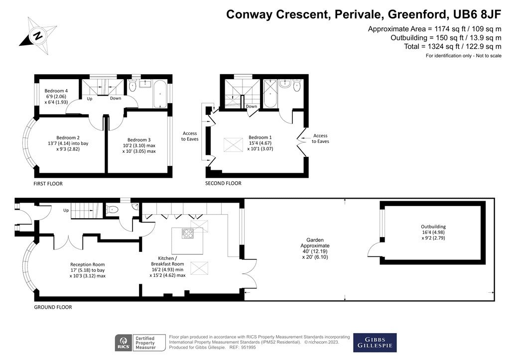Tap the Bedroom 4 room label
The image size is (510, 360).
pos(56,96)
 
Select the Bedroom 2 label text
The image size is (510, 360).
pos(68,143)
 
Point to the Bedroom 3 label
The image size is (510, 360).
pos(139,145)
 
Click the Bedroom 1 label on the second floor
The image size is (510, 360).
pos(260,143)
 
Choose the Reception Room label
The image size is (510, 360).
pos(88,270)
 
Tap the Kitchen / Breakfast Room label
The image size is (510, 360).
pos(167,267)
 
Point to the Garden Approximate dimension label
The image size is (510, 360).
pos(315,248)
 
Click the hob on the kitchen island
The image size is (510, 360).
pos(188,234)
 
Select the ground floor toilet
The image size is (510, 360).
pos(114,210)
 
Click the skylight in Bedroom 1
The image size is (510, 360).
pos(233,145)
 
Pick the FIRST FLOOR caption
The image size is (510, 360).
pos(48,184)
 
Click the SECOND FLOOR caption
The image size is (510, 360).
pos(223,183)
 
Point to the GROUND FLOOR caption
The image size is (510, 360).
pos(53,307)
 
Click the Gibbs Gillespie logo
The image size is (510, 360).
pos(375,343)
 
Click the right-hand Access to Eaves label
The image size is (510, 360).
pos(320,138)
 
